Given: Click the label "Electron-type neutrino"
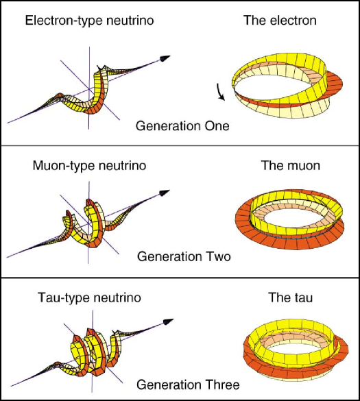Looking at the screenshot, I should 89,21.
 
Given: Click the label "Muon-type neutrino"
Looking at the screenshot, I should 89,166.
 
